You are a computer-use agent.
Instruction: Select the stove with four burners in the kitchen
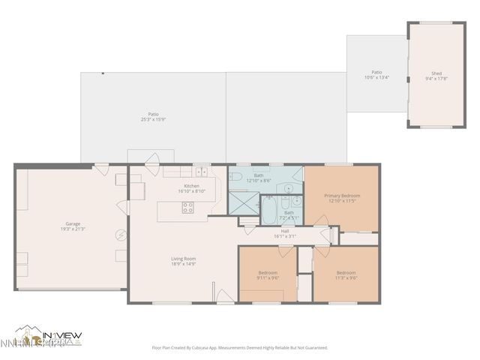tap(187, 208)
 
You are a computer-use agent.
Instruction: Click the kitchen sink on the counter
tap(200, 173)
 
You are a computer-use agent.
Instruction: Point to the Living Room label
tap(183, 261)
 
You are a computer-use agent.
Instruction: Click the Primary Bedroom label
tap(340, 197)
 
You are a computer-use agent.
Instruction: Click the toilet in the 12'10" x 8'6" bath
tap(235, 177)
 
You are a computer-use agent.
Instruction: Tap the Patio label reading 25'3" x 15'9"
tap(153, 116)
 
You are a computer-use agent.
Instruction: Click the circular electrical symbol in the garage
tap(120, 235)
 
